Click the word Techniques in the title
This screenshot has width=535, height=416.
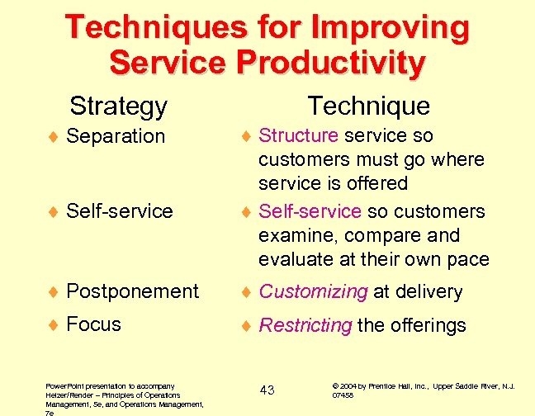coord(155,26)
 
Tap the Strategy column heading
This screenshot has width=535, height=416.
coord(118,106)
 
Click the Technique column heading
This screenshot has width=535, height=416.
coord(368,106)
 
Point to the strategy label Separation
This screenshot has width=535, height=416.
coord(116,135)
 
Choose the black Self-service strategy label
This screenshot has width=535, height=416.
coord(119,210)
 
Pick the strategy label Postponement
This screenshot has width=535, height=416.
coord(132,291)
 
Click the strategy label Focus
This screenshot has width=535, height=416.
coord(93,324)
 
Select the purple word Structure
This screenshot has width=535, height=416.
coord(298,135)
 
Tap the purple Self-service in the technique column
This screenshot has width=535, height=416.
coord(310,211)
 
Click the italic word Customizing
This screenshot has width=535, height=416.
coord(313,292)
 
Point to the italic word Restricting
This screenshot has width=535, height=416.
coord(305,325)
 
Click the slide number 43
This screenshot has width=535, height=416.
coord(267,390)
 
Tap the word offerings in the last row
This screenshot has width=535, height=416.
coord(427,325)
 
